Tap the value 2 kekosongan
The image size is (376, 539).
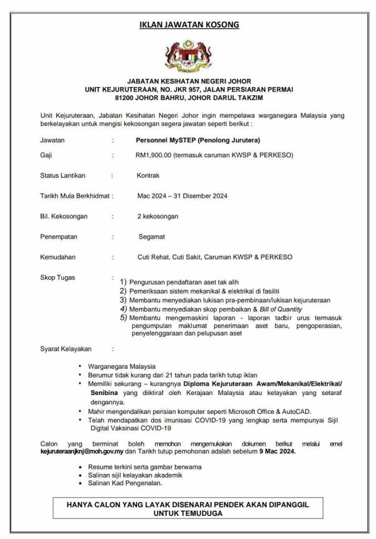(x=158, y=216)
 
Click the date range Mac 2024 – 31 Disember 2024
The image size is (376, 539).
(x=182, y=196)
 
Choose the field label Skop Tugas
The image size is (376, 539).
(x=56, y=276)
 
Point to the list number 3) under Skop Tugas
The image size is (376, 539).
(x=123, y=300)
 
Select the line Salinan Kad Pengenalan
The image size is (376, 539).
(x=126, y=483)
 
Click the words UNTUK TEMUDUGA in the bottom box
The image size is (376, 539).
(x=188, y=512)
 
